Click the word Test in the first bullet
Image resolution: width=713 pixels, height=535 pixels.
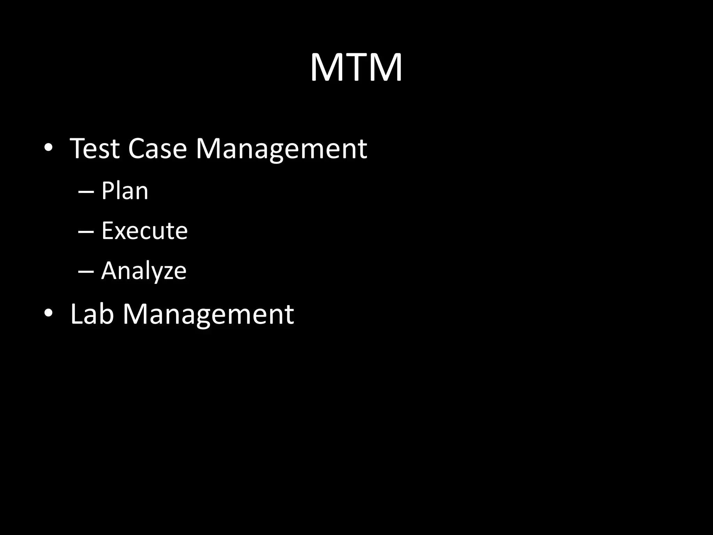[x=95, y=148]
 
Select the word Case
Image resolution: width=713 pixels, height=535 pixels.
[x=157, y=148]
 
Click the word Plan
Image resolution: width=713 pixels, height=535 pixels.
[x=125, y=191]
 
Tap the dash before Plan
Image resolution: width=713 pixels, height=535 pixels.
[x=86, y=192]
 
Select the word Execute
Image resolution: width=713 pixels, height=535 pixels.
[x=144, y=231]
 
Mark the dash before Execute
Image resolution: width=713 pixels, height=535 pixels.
[x=86, y=232]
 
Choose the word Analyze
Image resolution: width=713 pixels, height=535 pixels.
[x=144, y=271]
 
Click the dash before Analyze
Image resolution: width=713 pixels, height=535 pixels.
[x=86, y=272]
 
